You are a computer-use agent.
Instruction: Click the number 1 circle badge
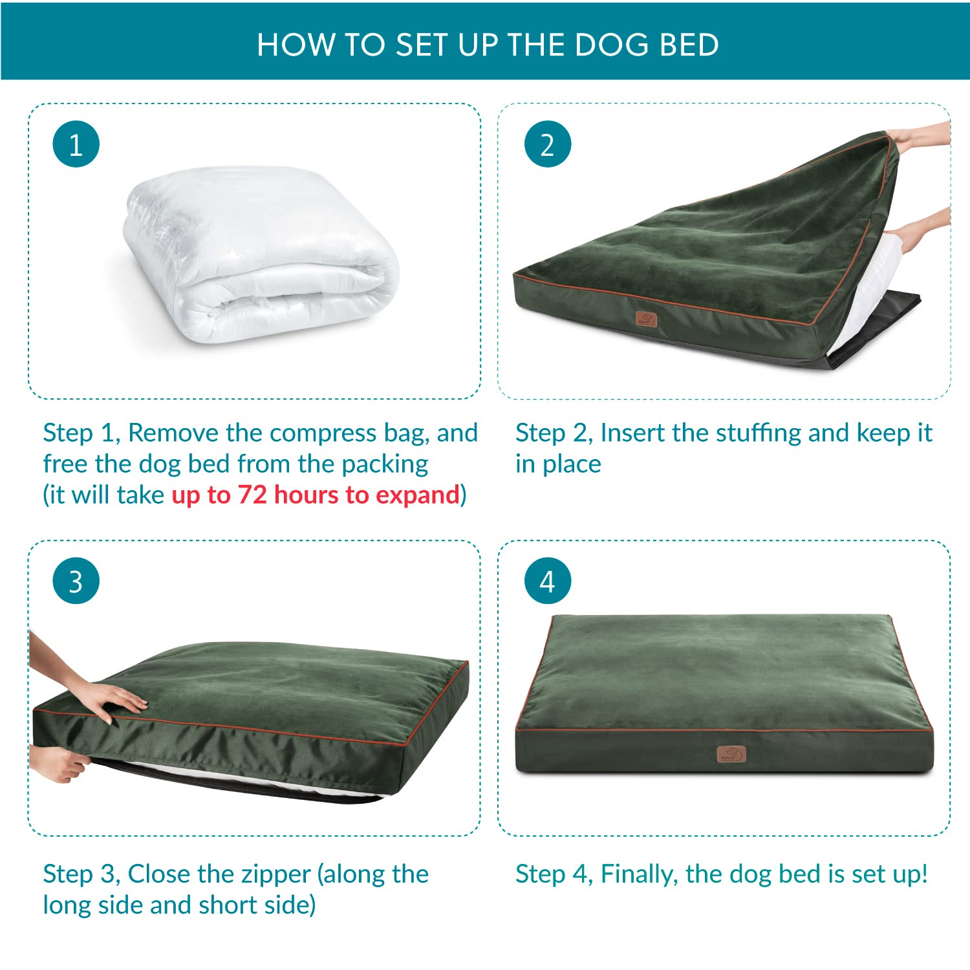coord(76,144)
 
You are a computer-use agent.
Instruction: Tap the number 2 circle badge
coord(547,144)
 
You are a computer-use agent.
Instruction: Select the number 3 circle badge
coord(76,581)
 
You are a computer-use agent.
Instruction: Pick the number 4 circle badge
coord(547,581)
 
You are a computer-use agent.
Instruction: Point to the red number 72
coord(252,495)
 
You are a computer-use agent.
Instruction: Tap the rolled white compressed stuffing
coord(262,255)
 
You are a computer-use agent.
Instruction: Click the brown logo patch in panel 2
coord(646,319)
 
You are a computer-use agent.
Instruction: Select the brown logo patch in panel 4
coord(731,754)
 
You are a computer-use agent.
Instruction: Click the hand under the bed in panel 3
coord(58,763)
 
